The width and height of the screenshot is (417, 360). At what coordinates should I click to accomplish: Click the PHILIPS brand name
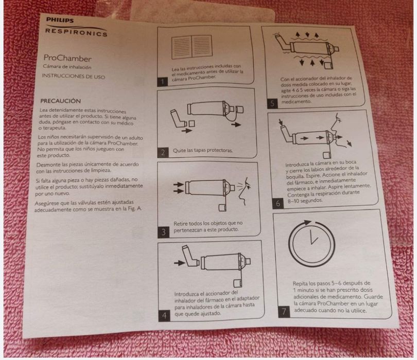click(x=60, y=20)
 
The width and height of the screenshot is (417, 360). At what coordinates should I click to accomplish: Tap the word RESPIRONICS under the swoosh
click(x=76, y=32)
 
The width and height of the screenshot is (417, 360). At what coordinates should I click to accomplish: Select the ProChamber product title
click(x=67, y=58)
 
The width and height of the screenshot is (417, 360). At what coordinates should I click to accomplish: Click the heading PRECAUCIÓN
click(x=60, y=101)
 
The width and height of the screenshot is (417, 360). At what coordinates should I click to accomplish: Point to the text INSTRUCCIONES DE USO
click(x=74, y=76)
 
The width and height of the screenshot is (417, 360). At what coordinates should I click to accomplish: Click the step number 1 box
click(x=163, y=82)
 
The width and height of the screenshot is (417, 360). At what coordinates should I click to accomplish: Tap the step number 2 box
click(x=163, y=152)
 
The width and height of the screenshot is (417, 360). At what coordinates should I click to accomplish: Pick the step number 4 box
click(x=164, y=316)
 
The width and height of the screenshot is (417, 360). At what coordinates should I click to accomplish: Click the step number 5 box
click(x=272, y=103)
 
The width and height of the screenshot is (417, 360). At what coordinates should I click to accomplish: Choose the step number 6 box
click(x=278, y=204)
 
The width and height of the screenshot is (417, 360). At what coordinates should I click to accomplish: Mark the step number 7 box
click(x=284, y=312)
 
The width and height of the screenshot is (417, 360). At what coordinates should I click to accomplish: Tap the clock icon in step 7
click(x=311, y=242)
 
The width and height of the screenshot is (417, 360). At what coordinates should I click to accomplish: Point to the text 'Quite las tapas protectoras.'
click(x=203, y=150)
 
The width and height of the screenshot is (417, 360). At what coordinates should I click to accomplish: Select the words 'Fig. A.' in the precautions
click(x=135, y=209)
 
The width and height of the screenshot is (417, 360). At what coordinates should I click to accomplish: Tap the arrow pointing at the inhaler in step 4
click(x=180, y=263)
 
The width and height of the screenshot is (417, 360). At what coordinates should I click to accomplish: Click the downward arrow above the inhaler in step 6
click(x=280, y=123)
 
